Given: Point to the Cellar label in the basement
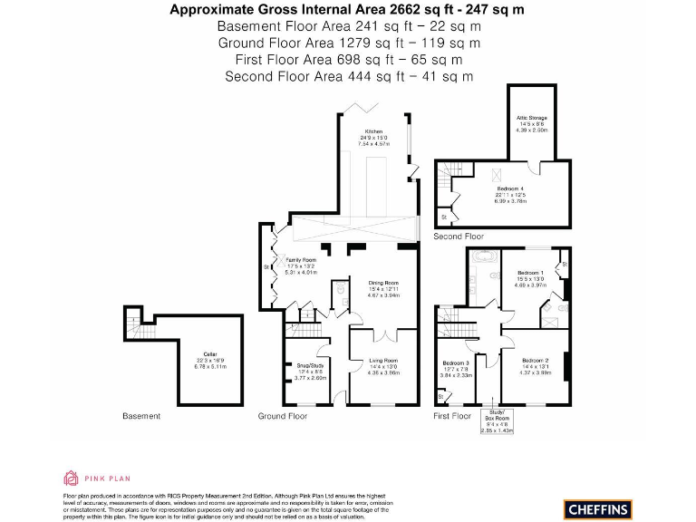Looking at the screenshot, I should [x=210, y=354].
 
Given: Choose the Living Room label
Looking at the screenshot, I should [x=384, y=361].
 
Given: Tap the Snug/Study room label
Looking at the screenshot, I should [x=311, y=364].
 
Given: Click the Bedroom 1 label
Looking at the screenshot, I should [x=530, y=272].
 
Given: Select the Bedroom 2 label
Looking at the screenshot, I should [x=535, y=361].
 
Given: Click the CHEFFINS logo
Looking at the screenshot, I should [x=598, y=508].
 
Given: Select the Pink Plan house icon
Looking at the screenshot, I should [x=72, y=477].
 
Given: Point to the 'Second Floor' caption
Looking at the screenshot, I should [x=459, y=236].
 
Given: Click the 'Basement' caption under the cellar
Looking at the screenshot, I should [x=141, y=416].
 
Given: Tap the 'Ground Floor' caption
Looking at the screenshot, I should [x=283, y=416].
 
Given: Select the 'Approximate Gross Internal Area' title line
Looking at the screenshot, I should [x=347, y=10].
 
